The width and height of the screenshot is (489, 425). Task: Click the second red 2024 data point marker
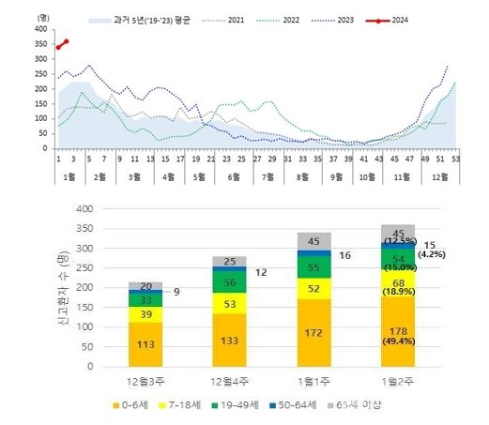click(x=66, y=41)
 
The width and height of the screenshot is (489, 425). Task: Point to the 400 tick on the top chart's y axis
click(x=39, y=29)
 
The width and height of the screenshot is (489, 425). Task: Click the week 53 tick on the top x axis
click(x=455, y=159)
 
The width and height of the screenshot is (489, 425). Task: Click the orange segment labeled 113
click(x=145, y=343)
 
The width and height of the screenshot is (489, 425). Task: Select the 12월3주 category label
click(x=145, y=381)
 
